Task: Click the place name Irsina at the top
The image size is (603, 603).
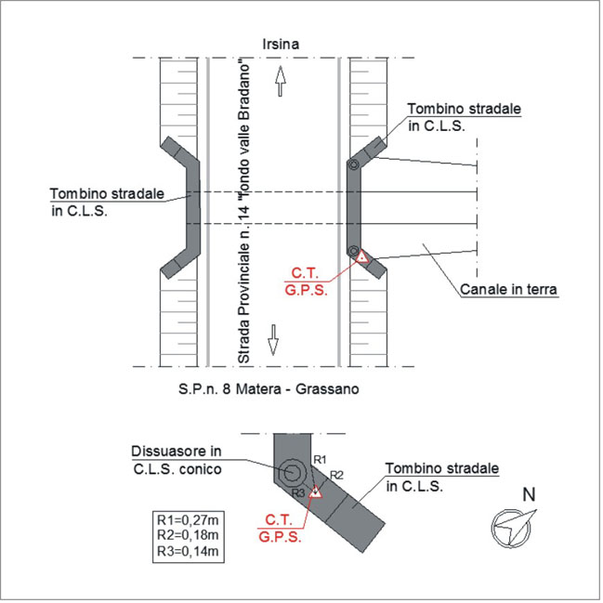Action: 281,45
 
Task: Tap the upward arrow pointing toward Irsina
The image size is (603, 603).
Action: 281,81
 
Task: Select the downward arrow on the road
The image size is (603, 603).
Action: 273,340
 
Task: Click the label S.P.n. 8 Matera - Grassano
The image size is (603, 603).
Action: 269,388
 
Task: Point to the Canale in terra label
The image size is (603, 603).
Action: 508,289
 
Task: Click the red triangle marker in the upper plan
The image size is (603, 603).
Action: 361,256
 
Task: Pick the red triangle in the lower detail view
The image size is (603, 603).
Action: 315,492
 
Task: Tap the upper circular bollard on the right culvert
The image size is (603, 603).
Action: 353,165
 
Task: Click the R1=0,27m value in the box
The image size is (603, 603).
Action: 188,520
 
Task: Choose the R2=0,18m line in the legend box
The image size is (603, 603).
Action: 188,535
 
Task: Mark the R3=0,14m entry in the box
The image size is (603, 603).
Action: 188,551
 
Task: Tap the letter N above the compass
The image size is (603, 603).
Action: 530,494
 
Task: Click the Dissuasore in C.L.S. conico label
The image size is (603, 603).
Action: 177,460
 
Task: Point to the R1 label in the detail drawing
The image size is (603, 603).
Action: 320,460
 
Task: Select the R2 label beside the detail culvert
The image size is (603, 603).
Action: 336,476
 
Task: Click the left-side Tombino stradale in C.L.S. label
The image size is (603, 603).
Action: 107,203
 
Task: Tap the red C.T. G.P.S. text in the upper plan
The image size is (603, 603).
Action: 306,282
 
